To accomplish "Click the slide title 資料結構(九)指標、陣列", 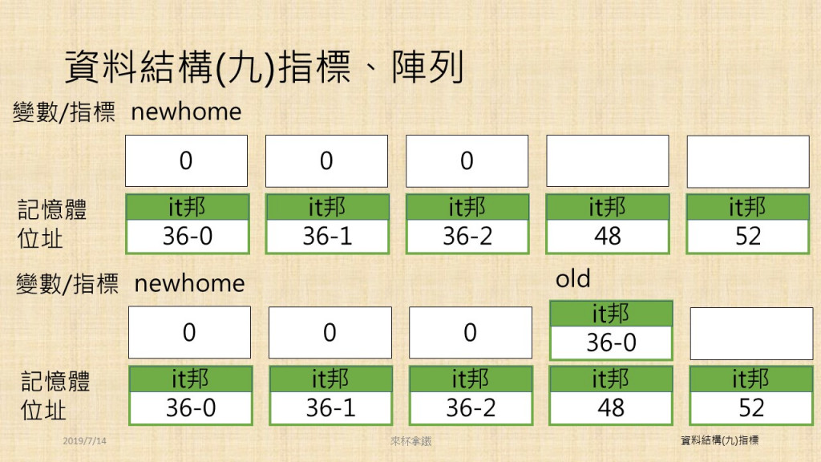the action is (x=265, y=67).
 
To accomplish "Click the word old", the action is (x=572, y=278).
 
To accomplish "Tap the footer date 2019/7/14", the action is (x=84, y=441).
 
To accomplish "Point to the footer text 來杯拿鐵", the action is (x=411, y=442).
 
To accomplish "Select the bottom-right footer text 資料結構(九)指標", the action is (x=719, y=440).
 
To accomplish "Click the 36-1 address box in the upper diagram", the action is (x=327, y=225).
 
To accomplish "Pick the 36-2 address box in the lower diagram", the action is (x=471, y=395).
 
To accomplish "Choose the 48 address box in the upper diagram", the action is (x=608, y=225).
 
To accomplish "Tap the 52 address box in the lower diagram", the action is (x=751, y=395).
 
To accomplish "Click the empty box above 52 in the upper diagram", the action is (x=748, y=161).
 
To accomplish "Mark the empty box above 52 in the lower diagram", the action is (x=751, y=334).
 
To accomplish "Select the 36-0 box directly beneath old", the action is (x=611, y=330).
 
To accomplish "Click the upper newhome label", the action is (x=186, y=111).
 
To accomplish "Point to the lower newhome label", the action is (x=189, y=283).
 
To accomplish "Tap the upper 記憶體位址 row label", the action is (x=51, y=224).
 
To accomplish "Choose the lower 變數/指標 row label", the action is (x=67, y=284).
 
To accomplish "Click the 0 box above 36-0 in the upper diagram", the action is (x=186, y=160).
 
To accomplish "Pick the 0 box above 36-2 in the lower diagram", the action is (x=470, y=333).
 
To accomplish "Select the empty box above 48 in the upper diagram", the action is (x=608, y=160).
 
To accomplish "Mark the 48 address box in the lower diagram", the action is (x=611, y=395).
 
